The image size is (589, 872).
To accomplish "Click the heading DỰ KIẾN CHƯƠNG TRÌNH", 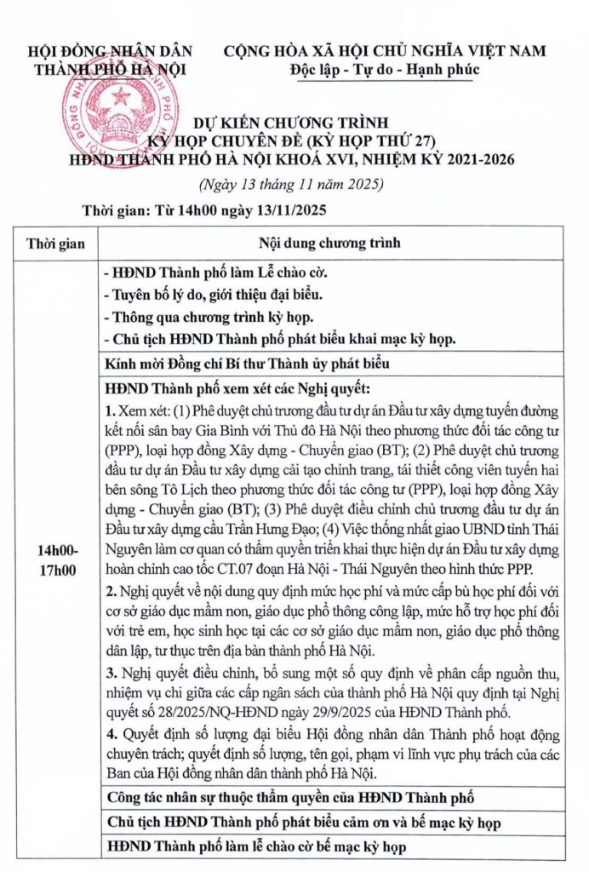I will (294, 123).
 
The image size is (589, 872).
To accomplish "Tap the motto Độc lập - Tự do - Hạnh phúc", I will (384, 69).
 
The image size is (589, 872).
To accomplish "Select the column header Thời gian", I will (55, 243).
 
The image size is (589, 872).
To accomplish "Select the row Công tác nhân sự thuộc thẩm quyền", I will (287, 798).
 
